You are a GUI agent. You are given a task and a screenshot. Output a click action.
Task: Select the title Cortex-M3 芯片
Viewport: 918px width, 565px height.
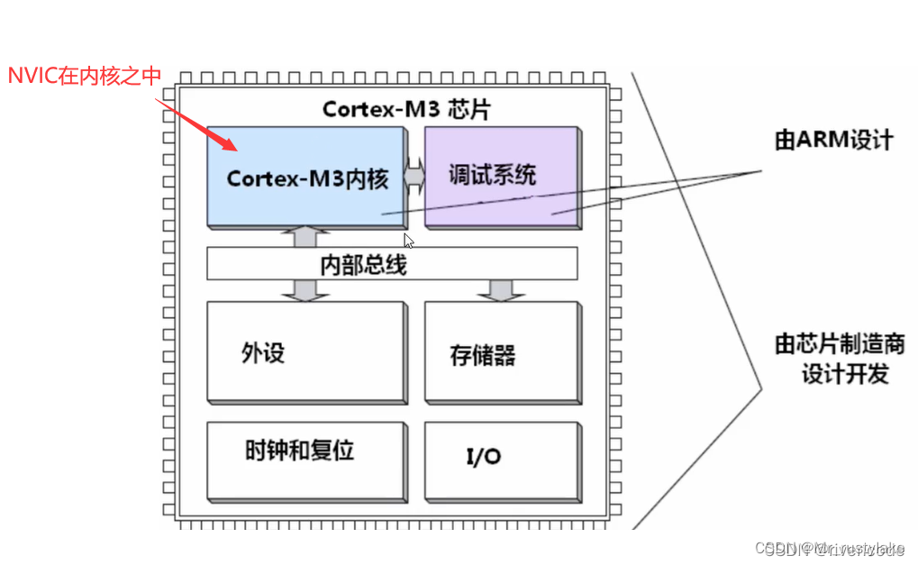coord(407,109)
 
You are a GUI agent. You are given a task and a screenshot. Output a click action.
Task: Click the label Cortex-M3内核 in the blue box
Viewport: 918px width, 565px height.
coord(307,178)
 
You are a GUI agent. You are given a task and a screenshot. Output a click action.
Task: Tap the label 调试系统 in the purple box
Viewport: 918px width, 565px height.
coord(492,175)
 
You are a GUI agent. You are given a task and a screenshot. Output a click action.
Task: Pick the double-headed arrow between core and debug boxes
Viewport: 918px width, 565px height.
coord(414,174)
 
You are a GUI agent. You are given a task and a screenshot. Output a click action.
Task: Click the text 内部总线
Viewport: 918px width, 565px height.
coord(363,265)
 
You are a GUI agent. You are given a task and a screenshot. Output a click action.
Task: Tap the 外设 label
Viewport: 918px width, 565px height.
coord(263,352)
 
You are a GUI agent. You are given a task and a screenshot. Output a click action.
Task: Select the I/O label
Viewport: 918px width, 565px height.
coord(483,457)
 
